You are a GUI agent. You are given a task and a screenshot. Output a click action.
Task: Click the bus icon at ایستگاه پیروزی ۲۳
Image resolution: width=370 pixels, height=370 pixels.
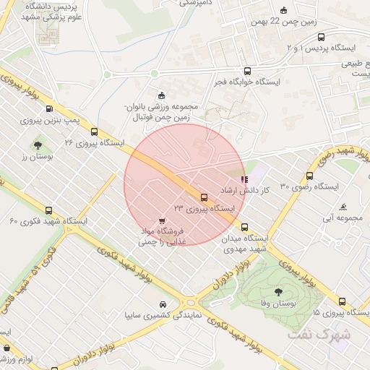[203, 197]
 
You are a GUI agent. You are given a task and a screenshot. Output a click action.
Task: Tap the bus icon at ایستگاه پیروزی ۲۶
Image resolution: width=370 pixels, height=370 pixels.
[94, 131]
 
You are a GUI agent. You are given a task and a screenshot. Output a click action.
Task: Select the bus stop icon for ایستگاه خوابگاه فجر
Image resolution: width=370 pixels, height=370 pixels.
[248, 71]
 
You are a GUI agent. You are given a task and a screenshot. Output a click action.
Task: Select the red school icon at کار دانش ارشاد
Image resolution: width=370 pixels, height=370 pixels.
[244, 178]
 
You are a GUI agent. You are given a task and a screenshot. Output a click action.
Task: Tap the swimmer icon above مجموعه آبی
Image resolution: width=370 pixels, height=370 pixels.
[343, 206]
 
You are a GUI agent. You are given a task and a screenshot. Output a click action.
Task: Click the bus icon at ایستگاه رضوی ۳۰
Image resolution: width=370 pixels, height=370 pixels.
[310, 176]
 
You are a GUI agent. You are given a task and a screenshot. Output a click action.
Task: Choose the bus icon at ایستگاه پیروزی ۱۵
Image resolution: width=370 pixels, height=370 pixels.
[340, 302]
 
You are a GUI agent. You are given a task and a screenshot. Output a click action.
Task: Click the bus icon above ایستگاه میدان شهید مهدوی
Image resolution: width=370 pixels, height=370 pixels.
[244, 226]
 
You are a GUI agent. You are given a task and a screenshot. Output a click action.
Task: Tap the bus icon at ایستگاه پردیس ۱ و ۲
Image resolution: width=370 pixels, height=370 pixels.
[321, 37]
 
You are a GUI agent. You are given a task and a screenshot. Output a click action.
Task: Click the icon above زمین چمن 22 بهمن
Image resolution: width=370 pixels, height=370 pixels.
[283, 10]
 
